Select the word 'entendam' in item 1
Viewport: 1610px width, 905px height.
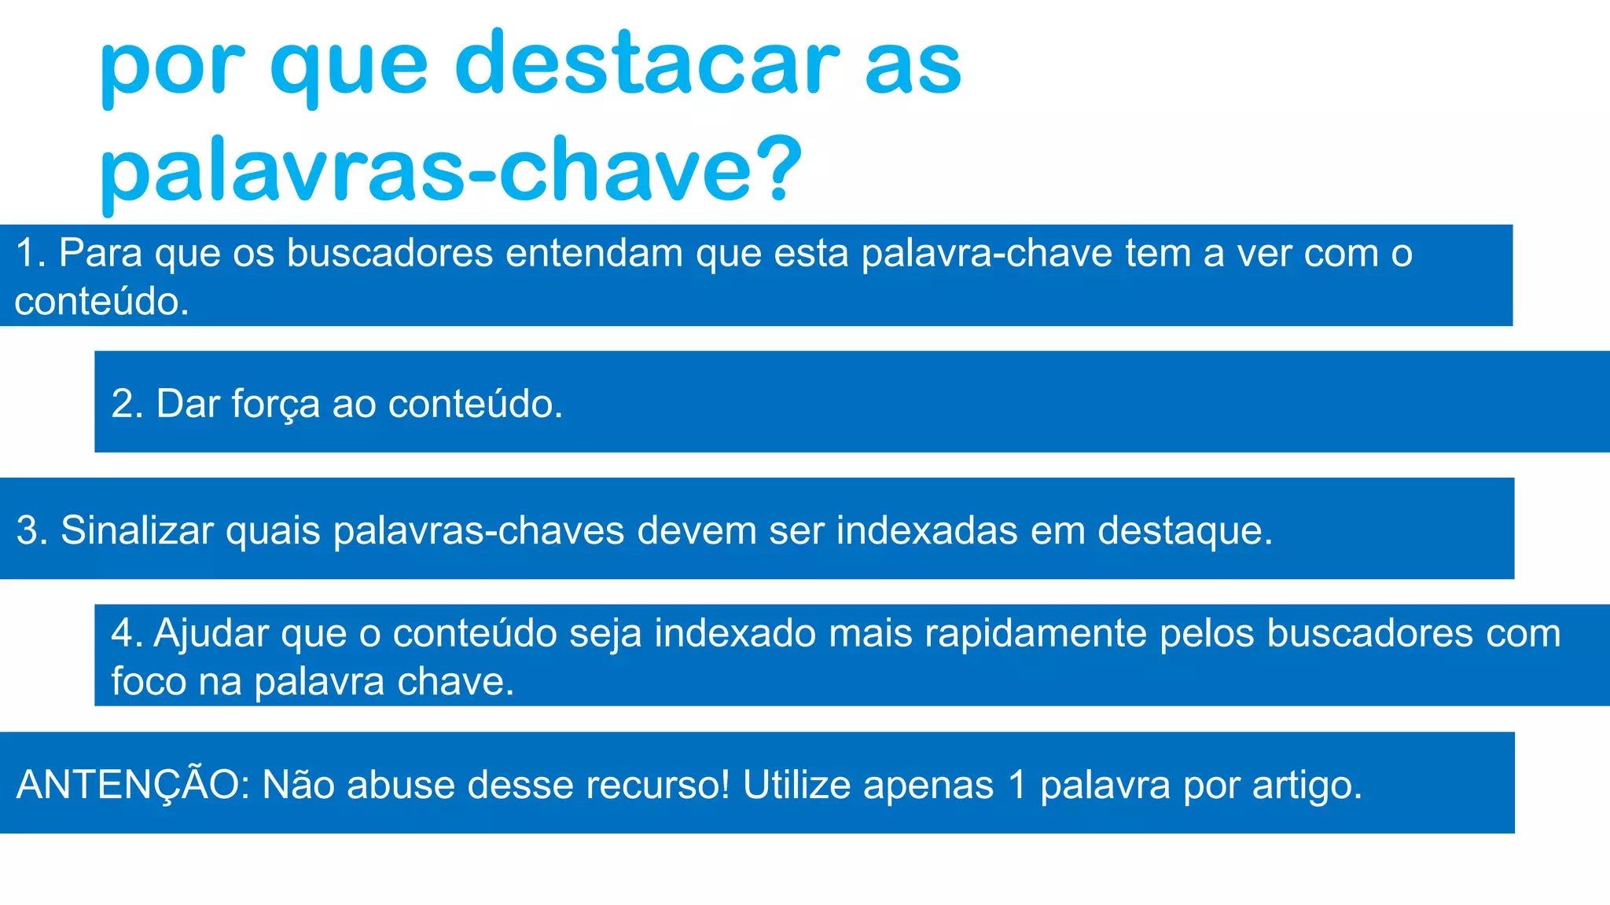click(594, 254)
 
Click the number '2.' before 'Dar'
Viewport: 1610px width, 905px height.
click(127, 404)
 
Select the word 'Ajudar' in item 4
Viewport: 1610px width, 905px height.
click(211, 634)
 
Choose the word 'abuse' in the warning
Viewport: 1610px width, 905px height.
click(400, 785)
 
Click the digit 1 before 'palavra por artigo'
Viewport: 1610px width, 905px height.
click(1016, 785)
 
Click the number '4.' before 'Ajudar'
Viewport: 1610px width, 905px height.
click(127, 633)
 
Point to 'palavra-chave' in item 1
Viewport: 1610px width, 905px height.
click(987, 254)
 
